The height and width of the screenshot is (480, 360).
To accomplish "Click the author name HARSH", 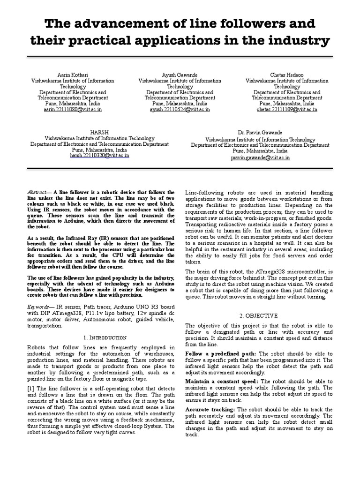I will (99, 133).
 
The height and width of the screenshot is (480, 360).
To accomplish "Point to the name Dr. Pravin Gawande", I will (260, 133).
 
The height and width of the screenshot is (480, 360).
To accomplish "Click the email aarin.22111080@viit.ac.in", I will (73, 109).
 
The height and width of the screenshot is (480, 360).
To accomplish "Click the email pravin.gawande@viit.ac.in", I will (260, 158).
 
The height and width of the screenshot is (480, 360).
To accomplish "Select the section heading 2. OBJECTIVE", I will (259, 316).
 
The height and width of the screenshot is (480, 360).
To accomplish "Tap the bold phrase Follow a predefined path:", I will (221, 353).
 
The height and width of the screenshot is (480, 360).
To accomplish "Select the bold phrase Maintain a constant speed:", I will (222, 382).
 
